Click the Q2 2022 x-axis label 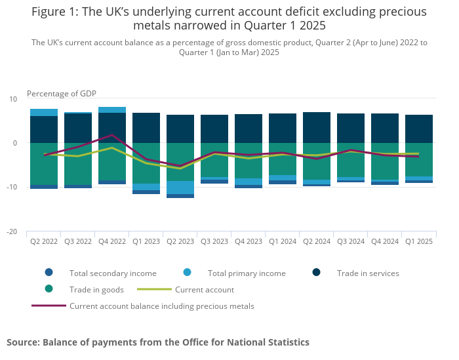tap(44, 241)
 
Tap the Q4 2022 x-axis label tap(112, 241)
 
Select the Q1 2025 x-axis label tap(419, 241)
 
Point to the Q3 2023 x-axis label tap(214, 241)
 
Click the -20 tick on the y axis tap(12, 231)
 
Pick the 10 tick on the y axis tap(13, 99)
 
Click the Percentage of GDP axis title tap(62, 94)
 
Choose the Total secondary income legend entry tap(113, 273)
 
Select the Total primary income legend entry tap(247, 273)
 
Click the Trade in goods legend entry tap(97, 289)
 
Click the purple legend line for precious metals tap(49, 306)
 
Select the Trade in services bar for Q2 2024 tap(317, 128)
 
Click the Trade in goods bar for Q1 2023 tap(146, 163)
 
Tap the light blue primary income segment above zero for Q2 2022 tap(44, 112)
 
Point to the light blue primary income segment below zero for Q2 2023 tap(180, 188)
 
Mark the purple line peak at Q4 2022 tap(112, 135)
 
